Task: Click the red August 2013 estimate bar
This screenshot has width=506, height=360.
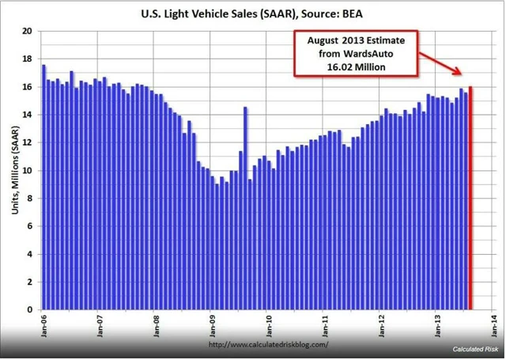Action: pos(471,198)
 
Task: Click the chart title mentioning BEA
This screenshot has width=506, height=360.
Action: pos(252,13)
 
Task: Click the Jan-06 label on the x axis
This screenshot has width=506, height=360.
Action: pos(43,324)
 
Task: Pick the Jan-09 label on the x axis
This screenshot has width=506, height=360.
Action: pos(213,324)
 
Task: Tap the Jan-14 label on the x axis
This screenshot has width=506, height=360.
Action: pos(494,324)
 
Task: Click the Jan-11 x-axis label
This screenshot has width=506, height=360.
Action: pos(326,324)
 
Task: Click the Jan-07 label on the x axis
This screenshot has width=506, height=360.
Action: pos(100,324)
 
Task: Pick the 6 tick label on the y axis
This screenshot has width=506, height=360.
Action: pos(28,226)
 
